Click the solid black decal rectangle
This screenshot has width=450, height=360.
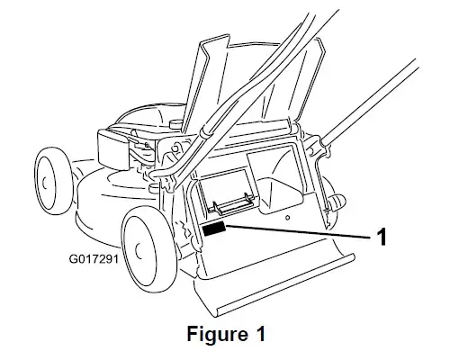tap(214, 229)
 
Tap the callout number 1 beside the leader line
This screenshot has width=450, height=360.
tap(381, 237)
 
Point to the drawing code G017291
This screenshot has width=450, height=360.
tap(94, 258)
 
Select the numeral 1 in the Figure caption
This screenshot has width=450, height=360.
tap(261, 333)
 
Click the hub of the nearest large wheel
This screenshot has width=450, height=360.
tap(139, 250)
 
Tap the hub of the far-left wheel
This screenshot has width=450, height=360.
tap(45, 183)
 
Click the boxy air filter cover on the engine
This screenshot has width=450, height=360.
tap(113, 148)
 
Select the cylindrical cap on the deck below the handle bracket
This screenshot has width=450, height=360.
tap(154, 187)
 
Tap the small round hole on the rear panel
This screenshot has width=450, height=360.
tap(287, 218)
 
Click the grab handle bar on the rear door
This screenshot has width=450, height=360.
tap(231, 205)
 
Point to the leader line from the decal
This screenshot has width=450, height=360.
tap(299, 231)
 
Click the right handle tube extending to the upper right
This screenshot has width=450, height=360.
tap(370, 100)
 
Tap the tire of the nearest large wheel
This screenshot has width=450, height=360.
tap(149, 249)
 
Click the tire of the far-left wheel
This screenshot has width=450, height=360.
tap(55, 181)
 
